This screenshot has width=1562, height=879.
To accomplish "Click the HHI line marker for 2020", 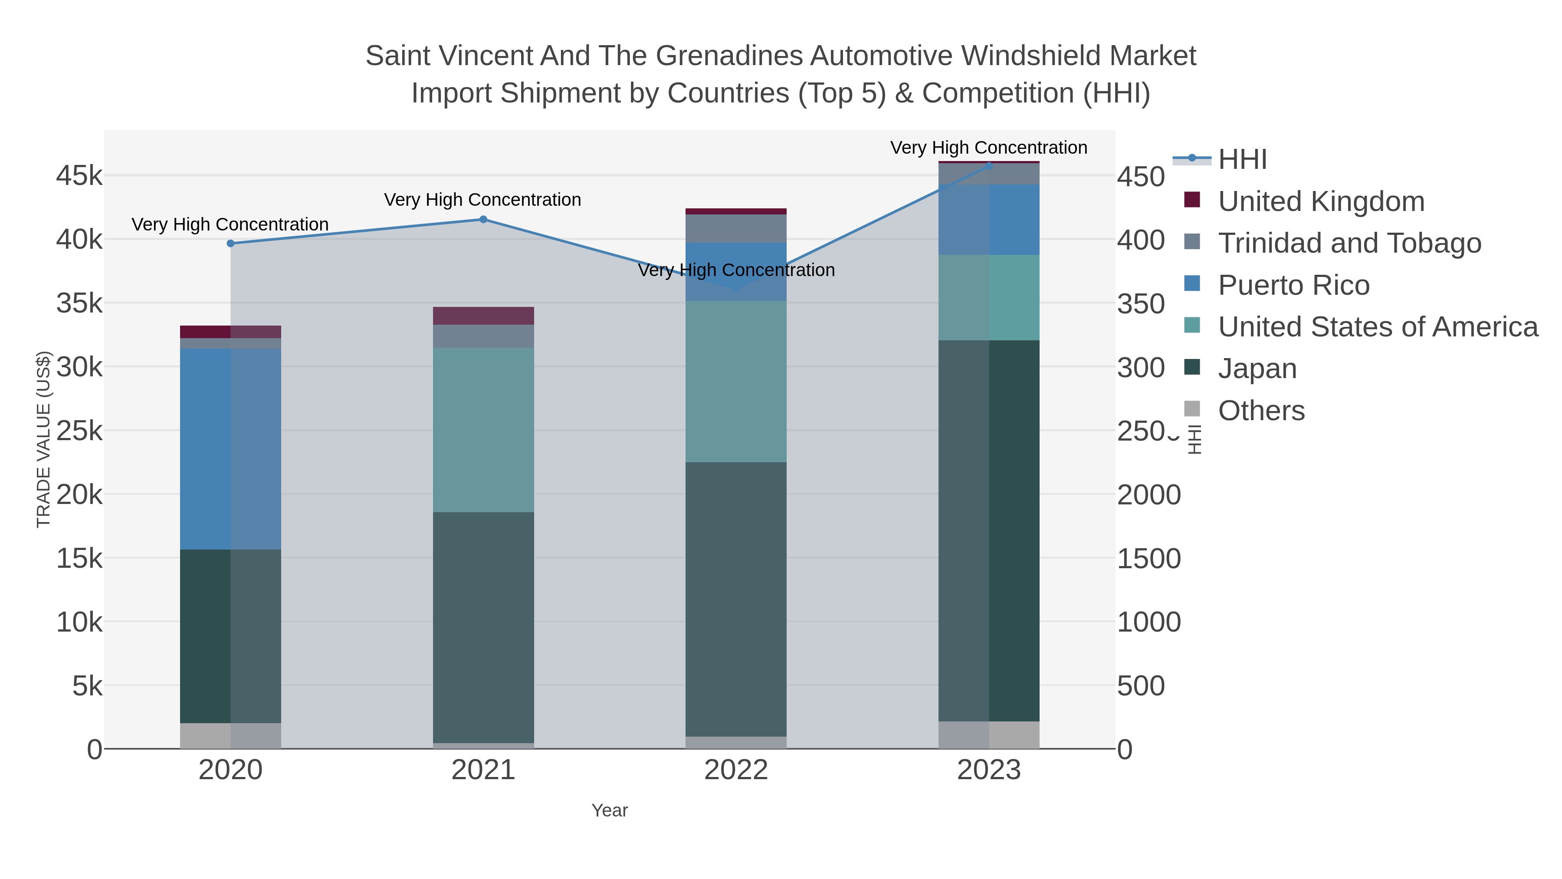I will [x=230, y=243].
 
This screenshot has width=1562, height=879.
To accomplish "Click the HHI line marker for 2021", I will [x=483, y=219].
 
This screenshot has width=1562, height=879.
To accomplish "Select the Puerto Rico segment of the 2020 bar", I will [x=230, y=448].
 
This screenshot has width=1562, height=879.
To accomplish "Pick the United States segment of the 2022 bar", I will [x=736, y=381].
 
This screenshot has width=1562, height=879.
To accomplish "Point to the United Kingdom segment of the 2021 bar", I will [x=483, y=316].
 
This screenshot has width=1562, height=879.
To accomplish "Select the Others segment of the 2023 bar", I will [x=989, y=734].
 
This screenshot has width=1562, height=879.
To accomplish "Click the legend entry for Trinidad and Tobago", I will [x=1349, y=243].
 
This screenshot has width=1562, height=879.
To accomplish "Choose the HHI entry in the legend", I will [x=1242, y=160].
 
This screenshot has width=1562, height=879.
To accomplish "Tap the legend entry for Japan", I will [x=1257, y=369].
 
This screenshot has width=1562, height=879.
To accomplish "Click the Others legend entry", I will [x=1260, y=411].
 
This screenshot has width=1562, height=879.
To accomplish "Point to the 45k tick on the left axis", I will [x=79, y=176].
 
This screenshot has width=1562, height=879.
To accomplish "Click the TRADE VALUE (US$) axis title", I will [x=44, y=439].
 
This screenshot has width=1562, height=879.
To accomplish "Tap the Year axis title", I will [x=610, y=810].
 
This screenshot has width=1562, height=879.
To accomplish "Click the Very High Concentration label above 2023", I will [x=988, y=148].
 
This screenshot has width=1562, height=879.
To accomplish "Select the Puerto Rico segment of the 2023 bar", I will [x=989, y=219].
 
